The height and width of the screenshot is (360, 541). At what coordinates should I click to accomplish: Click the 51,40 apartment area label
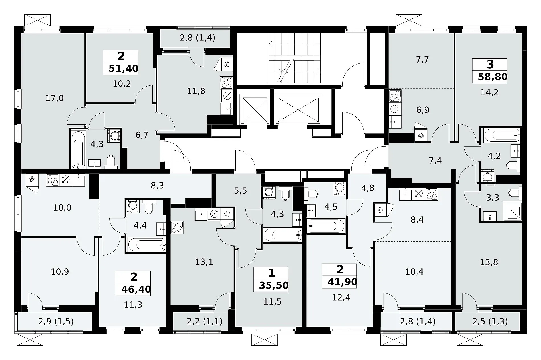124,69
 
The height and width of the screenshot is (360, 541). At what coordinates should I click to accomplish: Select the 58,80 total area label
493,77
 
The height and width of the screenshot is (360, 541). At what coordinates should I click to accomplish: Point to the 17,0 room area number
55,98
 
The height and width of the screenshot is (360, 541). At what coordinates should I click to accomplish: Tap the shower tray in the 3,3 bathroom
513,211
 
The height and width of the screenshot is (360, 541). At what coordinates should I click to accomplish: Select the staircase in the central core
295,58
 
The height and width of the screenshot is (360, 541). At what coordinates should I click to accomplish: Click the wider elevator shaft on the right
297,110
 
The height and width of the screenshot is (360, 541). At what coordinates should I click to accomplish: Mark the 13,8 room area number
489,262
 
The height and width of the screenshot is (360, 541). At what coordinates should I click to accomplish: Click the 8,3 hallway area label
157,186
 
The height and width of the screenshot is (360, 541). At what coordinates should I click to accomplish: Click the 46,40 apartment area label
136,289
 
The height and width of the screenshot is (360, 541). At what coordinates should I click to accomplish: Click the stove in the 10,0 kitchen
53,180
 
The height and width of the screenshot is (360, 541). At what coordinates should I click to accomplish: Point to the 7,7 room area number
422,60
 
